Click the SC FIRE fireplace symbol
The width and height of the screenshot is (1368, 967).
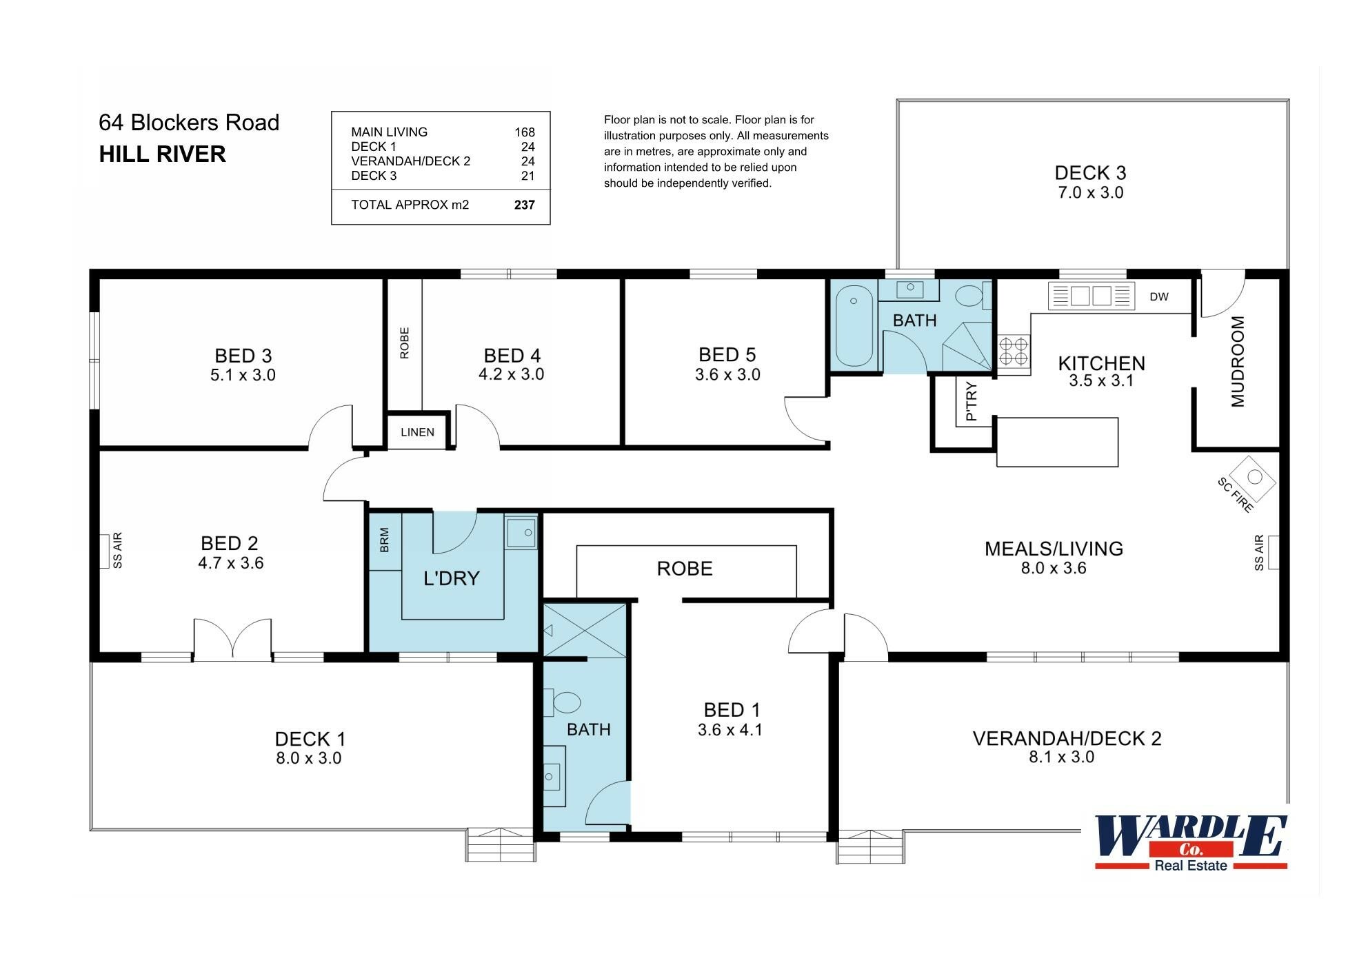pyautogui.click(x=1254, y=477)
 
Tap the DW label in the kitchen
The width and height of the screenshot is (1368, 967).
pyautogui.click(x=1159, y=297)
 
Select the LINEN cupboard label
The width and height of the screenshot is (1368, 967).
pyautogui.click(x=417, y=432)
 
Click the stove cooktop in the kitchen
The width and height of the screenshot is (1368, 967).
pyautogui.click(x=1014, y=352)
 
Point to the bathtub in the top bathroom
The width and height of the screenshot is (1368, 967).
pyautogui.click(x=854, y=328)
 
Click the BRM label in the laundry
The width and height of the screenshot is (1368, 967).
pyautogui.click(x=385, y=540)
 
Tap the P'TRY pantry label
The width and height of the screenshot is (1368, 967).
pyautogui.click(x=972, y=401)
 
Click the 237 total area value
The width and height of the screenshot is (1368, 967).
pyautogui.click(x=524, y=205)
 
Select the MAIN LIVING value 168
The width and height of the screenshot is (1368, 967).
pyautogui.click(x=524, y=132)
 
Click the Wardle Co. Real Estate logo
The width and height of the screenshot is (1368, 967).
pyautogui.click(x=1191, y=843)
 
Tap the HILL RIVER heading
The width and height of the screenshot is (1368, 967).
pyautogui.click(x=163, y=154)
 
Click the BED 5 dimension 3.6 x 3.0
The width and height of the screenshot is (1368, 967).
pyautogui.click(x=727, y=375)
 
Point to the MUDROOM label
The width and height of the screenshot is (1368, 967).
pyautogui.click(x=1238, y=362)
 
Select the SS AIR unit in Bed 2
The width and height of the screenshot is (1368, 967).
pyautogui.click(x=105, y=551)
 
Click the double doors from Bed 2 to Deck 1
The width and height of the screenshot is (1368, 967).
pyautogui.click(x=232, y=639)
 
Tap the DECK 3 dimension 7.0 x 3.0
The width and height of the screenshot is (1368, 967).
pyautogui.click(x=1090, y=193)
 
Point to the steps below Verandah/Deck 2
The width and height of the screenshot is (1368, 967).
pyautogui.click(x=870, y=846)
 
